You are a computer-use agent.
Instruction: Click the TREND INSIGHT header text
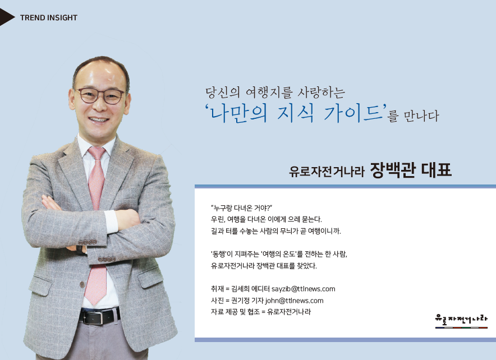(49, 18)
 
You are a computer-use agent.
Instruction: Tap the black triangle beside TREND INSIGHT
(6, 17)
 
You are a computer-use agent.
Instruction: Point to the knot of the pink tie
(97, 153)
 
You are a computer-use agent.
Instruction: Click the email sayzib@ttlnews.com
(304, 289)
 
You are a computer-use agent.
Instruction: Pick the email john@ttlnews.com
(294, 301)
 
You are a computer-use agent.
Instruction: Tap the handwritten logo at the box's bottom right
(461, 321)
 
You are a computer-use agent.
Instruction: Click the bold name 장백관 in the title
(393, 170)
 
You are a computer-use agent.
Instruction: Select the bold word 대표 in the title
(436, 170)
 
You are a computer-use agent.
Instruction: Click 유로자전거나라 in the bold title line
(327, 171)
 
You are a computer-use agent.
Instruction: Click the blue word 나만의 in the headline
(239, 113)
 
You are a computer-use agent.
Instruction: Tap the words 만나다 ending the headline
(421, 116)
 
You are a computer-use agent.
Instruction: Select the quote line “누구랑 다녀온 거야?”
(241, 208)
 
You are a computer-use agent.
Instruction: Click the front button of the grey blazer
(82, 284)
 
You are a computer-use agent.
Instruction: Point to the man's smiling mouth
(99, 120)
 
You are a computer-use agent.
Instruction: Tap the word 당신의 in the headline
(222, 93)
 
